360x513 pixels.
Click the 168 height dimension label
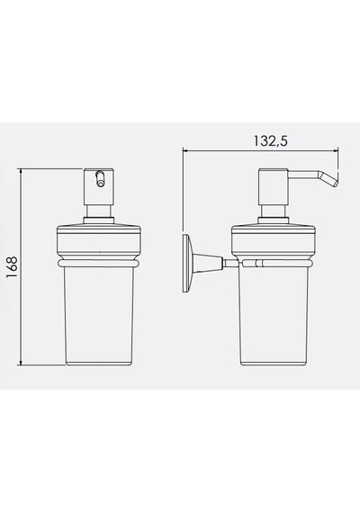coord(12,267)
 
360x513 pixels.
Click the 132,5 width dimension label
coord(271,140)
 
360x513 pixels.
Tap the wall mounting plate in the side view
coord(187,263)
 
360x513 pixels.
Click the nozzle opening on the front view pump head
coord(100,179)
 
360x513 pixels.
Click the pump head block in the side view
coord(274,187)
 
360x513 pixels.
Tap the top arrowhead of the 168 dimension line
coord(22,170)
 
